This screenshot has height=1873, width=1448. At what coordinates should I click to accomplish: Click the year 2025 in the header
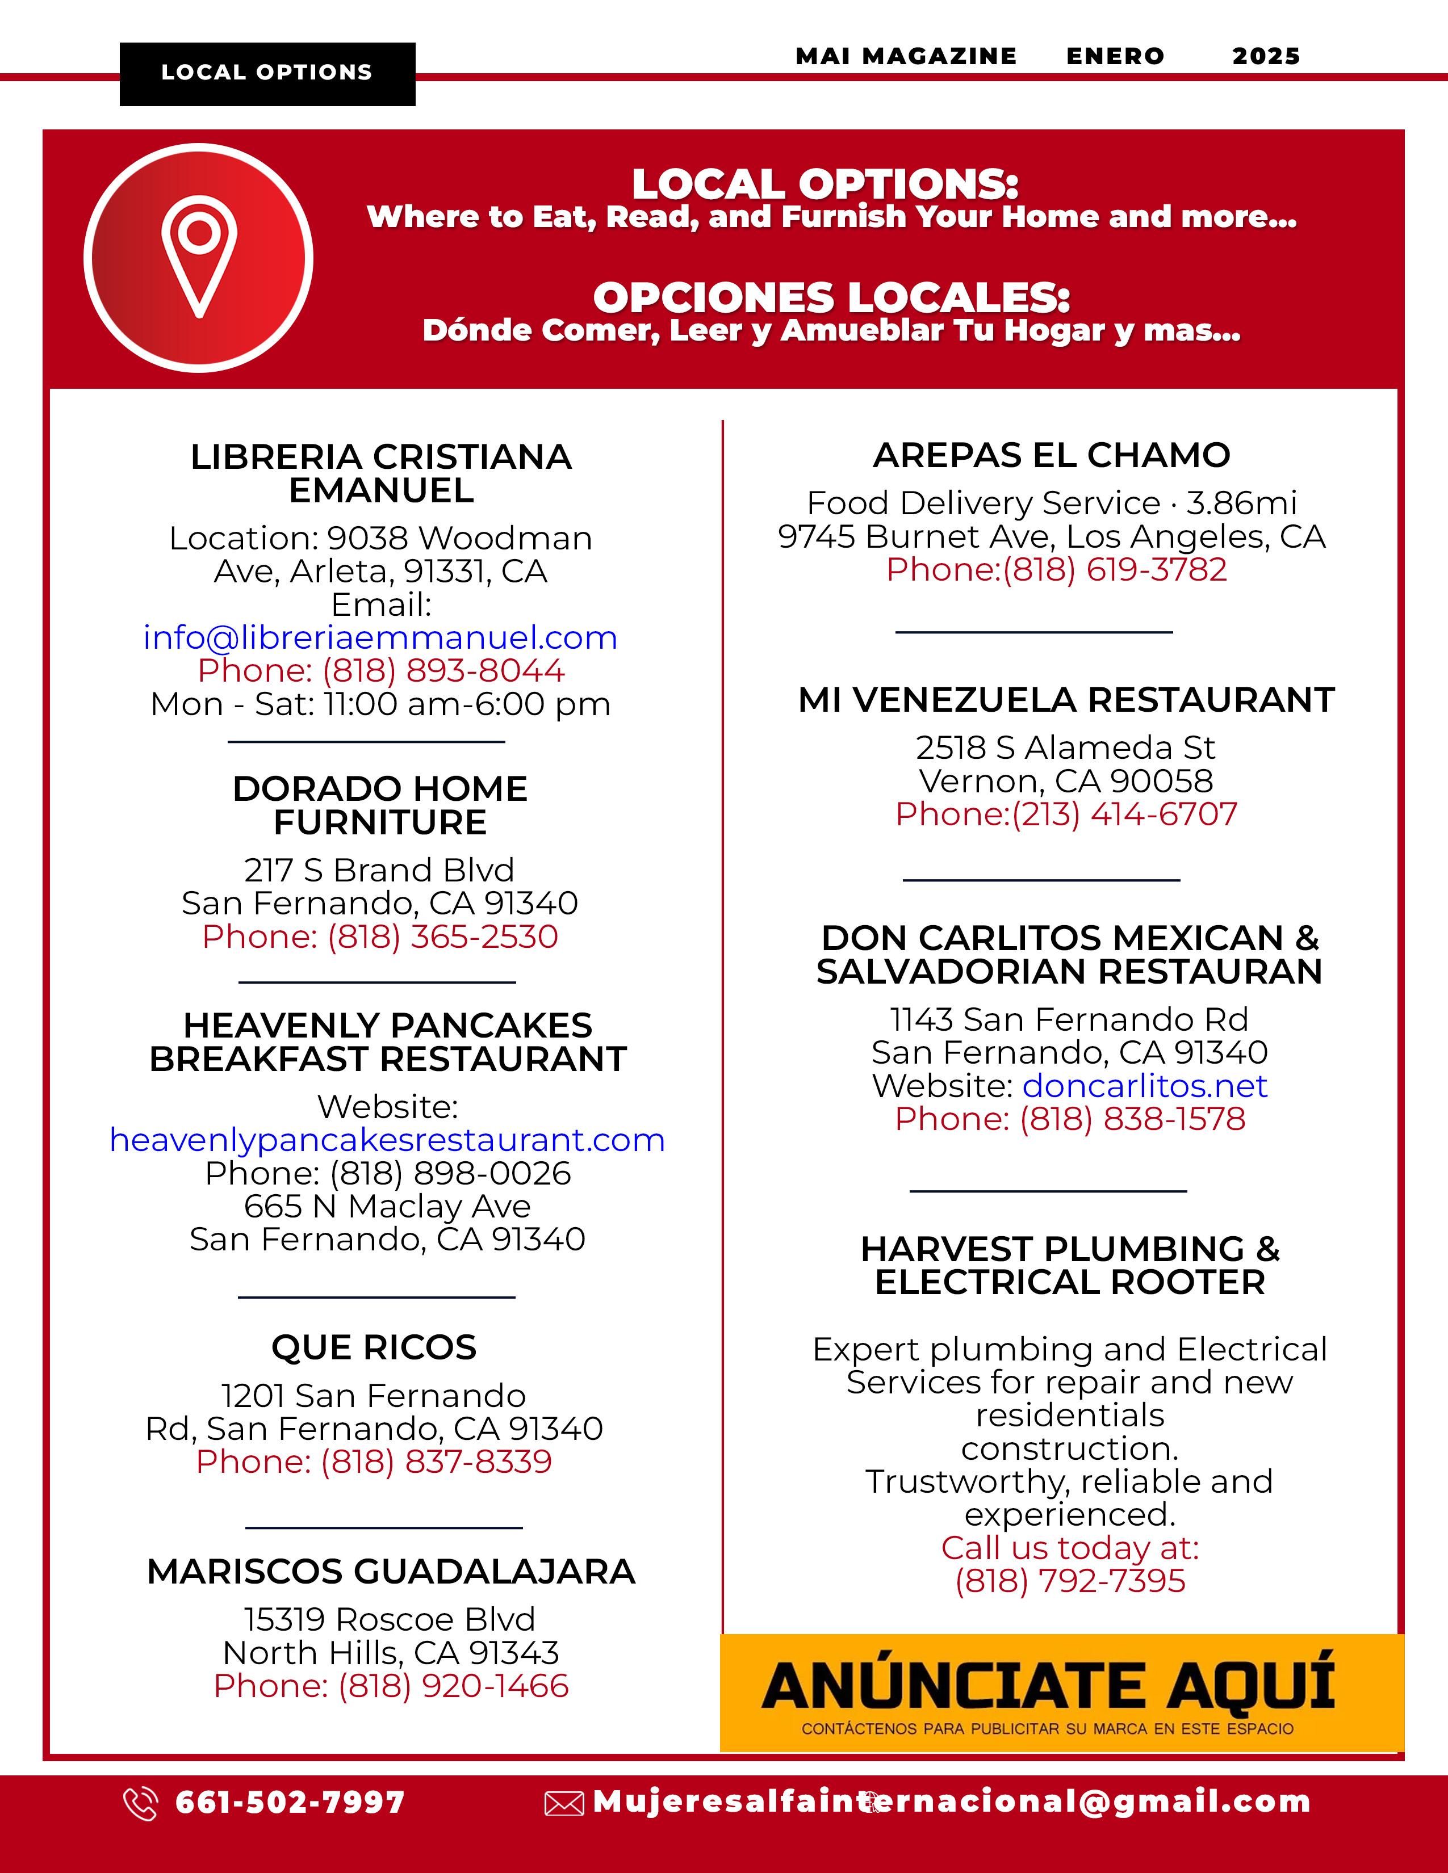(x=1266, y=57)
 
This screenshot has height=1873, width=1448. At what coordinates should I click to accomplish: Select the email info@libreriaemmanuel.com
(x=380, y=638)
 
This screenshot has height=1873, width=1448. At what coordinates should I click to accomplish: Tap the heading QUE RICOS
(x=374, y=1347)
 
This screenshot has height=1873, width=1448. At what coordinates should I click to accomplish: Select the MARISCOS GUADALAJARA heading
(x=391, y=1571)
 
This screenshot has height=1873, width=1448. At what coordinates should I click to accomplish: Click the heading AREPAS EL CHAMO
(x=1052, y=455)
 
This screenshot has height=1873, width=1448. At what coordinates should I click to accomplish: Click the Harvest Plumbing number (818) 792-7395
(x=1070, y=1581)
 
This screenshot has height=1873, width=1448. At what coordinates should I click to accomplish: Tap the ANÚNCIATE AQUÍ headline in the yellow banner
(x=1048, y=1685)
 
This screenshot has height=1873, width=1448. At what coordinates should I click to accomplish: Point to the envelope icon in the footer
(x=564, y=1804)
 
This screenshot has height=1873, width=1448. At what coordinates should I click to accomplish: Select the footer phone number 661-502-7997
(x=290, y=1803)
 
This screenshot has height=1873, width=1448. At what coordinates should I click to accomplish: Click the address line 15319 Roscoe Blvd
(x=390, y=1619)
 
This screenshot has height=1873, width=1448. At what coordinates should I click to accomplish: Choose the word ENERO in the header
(x=1115, y=57)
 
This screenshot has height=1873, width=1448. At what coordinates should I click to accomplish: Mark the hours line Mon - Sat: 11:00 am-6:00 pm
(x=380, y=704)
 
